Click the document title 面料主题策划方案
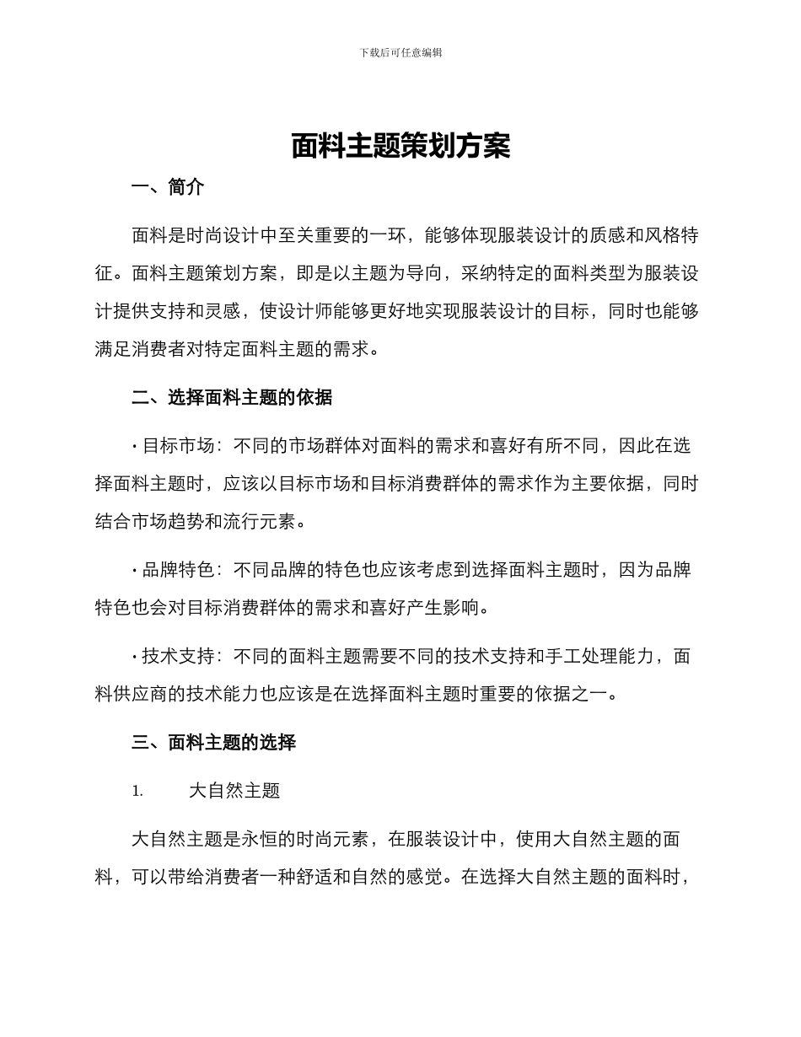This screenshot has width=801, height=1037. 400,147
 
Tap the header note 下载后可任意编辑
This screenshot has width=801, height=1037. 400,52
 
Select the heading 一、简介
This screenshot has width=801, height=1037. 168,188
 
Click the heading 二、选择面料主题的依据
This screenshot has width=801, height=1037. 232,397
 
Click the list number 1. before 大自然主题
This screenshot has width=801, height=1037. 137,792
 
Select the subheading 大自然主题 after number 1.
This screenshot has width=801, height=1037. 234,791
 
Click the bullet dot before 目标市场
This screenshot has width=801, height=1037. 135,446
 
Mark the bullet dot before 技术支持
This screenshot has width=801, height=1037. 135,657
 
